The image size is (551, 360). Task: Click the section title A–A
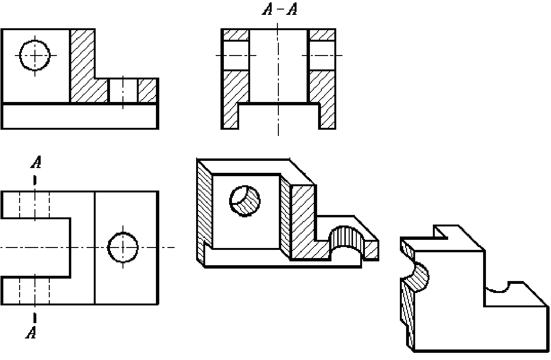[280, 9]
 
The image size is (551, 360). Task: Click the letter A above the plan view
[36, 162]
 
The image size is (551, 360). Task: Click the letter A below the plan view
[31, 332]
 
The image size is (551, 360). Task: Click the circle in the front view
[34, 55]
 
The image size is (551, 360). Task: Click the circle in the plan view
[122, 247]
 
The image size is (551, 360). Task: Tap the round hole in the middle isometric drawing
[245, 201]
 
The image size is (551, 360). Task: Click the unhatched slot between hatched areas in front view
[123, 90]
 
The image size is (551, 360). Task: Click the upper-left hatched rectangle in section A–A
[236, 35]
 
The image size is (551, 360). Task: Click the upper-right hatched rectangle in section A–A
[321, 35]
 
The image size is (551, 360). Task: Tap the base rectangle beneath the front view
[80, 116]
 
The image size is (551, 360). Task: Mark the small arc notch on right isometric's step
[497, 288]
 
